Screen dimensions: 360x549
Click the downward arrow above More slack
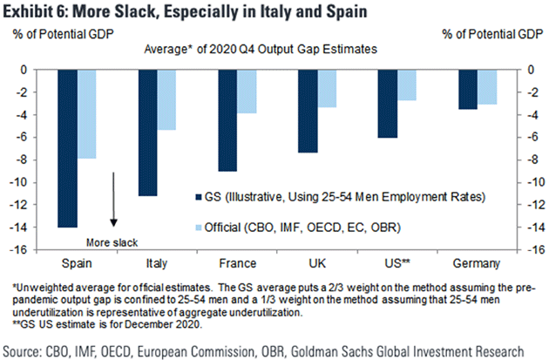tap(114, 200)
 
